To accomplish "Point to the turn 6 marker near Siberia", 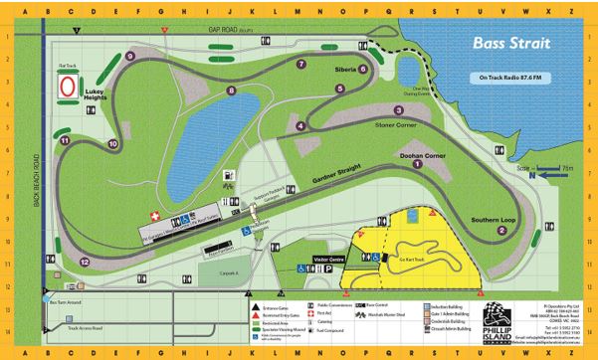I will pyautogui.click(x=363, y=69).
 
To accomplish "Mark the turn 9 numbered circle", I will pyautogui.click(x=131, y=56).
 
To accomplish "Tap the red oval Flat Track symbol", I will pyautogui.click(x=68, y=88).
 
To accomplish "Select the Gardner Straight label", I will pyautogui.click(x=298, y=176).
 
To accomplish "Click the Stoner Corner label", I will pyautogui.click(x=374, y=126).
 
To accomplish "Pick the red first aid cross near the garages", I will pyautogui.click(x=153, y=215).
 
